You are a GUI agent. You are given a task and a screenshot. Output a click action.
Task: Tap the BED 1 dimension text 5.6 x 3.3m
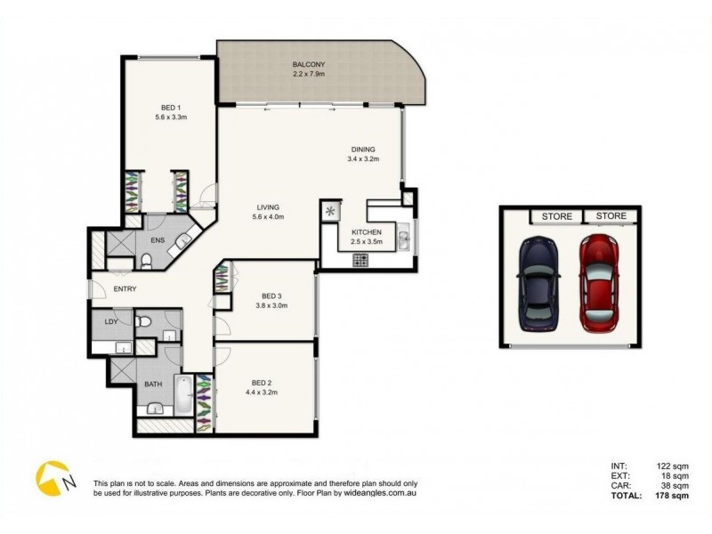(x=169, y=117)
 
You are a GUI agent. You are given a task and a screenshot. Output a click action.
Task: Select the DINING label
(x=362, y=150)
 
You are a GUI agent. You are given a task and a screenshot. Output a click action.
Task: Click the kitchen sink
(x=403, y=238)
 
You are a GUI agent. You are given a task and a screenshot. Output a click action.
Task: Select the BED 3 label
(x=273, y=295)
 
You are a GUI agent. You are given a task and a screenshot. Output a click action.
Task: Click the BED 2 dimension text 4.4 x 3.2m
(x=264, y=392)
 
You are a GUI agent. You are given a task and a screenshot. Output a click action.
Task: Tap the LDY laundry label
(x=111, y=321)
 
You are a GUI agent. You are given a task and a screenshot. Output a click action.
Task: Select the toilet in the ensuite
(x=146, y=260)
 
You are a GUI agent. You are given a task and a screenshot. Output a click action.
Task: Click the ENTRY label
(x=101, y=288)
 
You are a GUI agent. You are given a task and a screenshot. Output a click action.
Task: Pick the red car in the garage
(x=598, y=282)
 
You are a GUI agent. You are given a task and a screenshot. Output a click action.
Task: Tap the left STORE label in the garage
(x=556, y=216)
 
